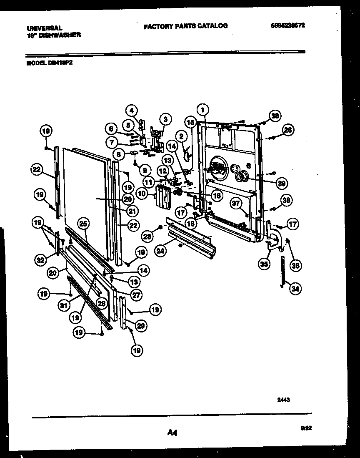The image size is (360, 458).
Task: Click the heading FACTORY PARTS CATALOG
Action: (185, 26)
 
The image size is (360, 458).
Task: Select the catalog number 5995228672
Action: (288, 25)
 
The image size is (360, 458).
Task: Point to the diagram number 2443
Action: (283, 399)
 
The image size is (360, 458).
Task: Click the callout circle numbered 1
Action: (202, 111)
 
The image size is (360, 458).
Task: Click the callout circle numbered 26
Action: (287, 130)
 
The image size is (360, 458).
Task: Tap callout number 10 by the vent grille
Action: (142, 194)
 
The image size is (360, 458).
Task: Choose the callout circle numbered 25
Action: (83, 224)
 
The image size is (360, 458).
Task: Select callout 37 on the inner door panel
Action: (237, 203)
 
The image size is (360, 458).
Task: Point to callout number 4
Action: (131, 111)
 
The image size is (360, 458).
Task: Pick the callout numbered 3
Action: (165, 119)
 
